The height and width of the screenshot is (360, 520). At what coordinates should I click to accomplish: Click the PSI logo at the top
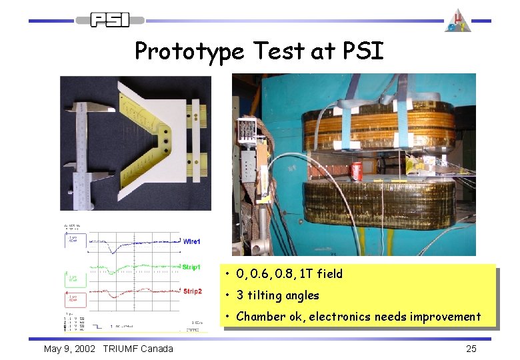110,19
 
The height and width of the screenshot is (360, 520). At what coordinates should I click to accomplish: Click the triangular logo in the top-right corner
458,20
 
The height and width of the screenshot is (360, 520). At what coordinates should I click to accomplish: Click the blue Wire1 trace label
191,241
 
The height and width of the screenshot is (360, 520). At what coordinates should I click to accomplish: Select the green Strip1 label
191,267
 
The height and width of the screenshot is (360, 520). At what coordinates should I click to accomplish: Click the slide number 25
471,349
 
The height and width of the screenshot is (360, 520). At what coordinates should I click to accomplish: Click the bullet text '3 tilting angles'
277,295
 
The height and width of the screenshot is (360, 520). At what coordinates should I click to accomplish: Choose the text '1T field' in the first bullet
319,273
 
